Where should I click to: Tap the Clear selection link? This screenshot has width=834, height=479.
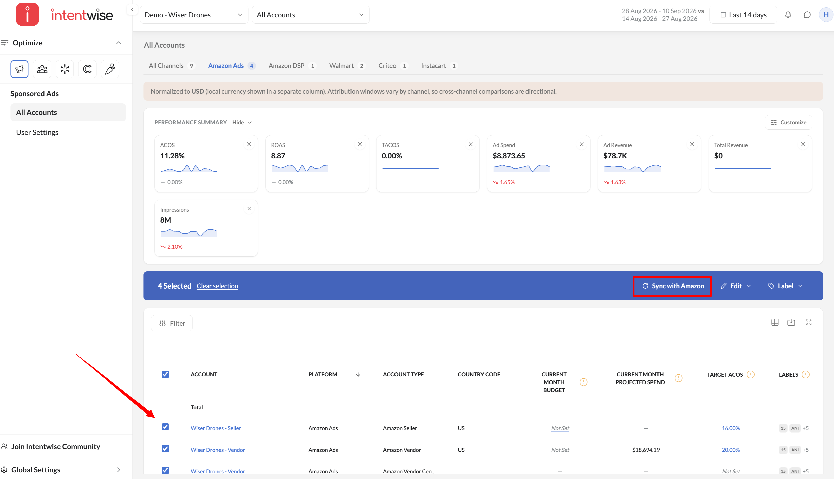tap(217, 286)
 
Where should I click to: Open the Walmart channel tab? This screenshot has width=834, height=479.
tap(346, 66)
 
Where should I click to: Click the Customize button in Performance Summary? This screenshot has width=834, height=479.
tap(788, 122)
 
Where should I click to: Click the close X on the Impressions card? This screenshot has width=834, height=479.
tap(249, 209)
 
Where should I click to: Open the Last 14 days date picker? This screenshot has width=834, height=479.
tap(743, 15)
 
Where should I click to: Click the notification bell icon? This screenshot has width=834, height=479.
tap(788, 15)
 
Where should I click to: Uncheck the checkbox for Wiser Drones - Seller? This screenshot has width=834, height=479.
tap(165, 427)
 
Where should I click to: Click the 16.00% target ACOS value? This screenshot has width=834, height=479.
tap(731, 428)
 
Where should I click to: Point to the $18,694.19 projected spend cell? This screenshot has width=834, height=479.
tap(646, 450)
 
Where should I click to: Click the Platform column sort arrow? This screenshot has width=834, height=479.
tap(358, 374)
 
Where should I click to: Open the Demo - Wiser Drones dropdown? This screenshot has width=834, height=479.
tap(194, 15)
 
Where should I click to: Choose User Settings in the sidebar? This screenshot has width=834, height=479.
tap(37, 132)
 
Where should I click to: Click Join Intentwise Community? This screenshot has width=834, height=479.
tap(56, 446)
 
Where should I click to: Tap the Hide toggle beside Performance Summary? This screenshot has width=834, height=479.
tap(242, 122)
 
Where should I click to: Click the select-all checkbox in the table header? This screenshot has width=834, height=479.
tap(165, 374)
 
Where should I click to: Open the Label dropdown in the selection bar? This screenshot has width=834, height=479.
tap(785, 286)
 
